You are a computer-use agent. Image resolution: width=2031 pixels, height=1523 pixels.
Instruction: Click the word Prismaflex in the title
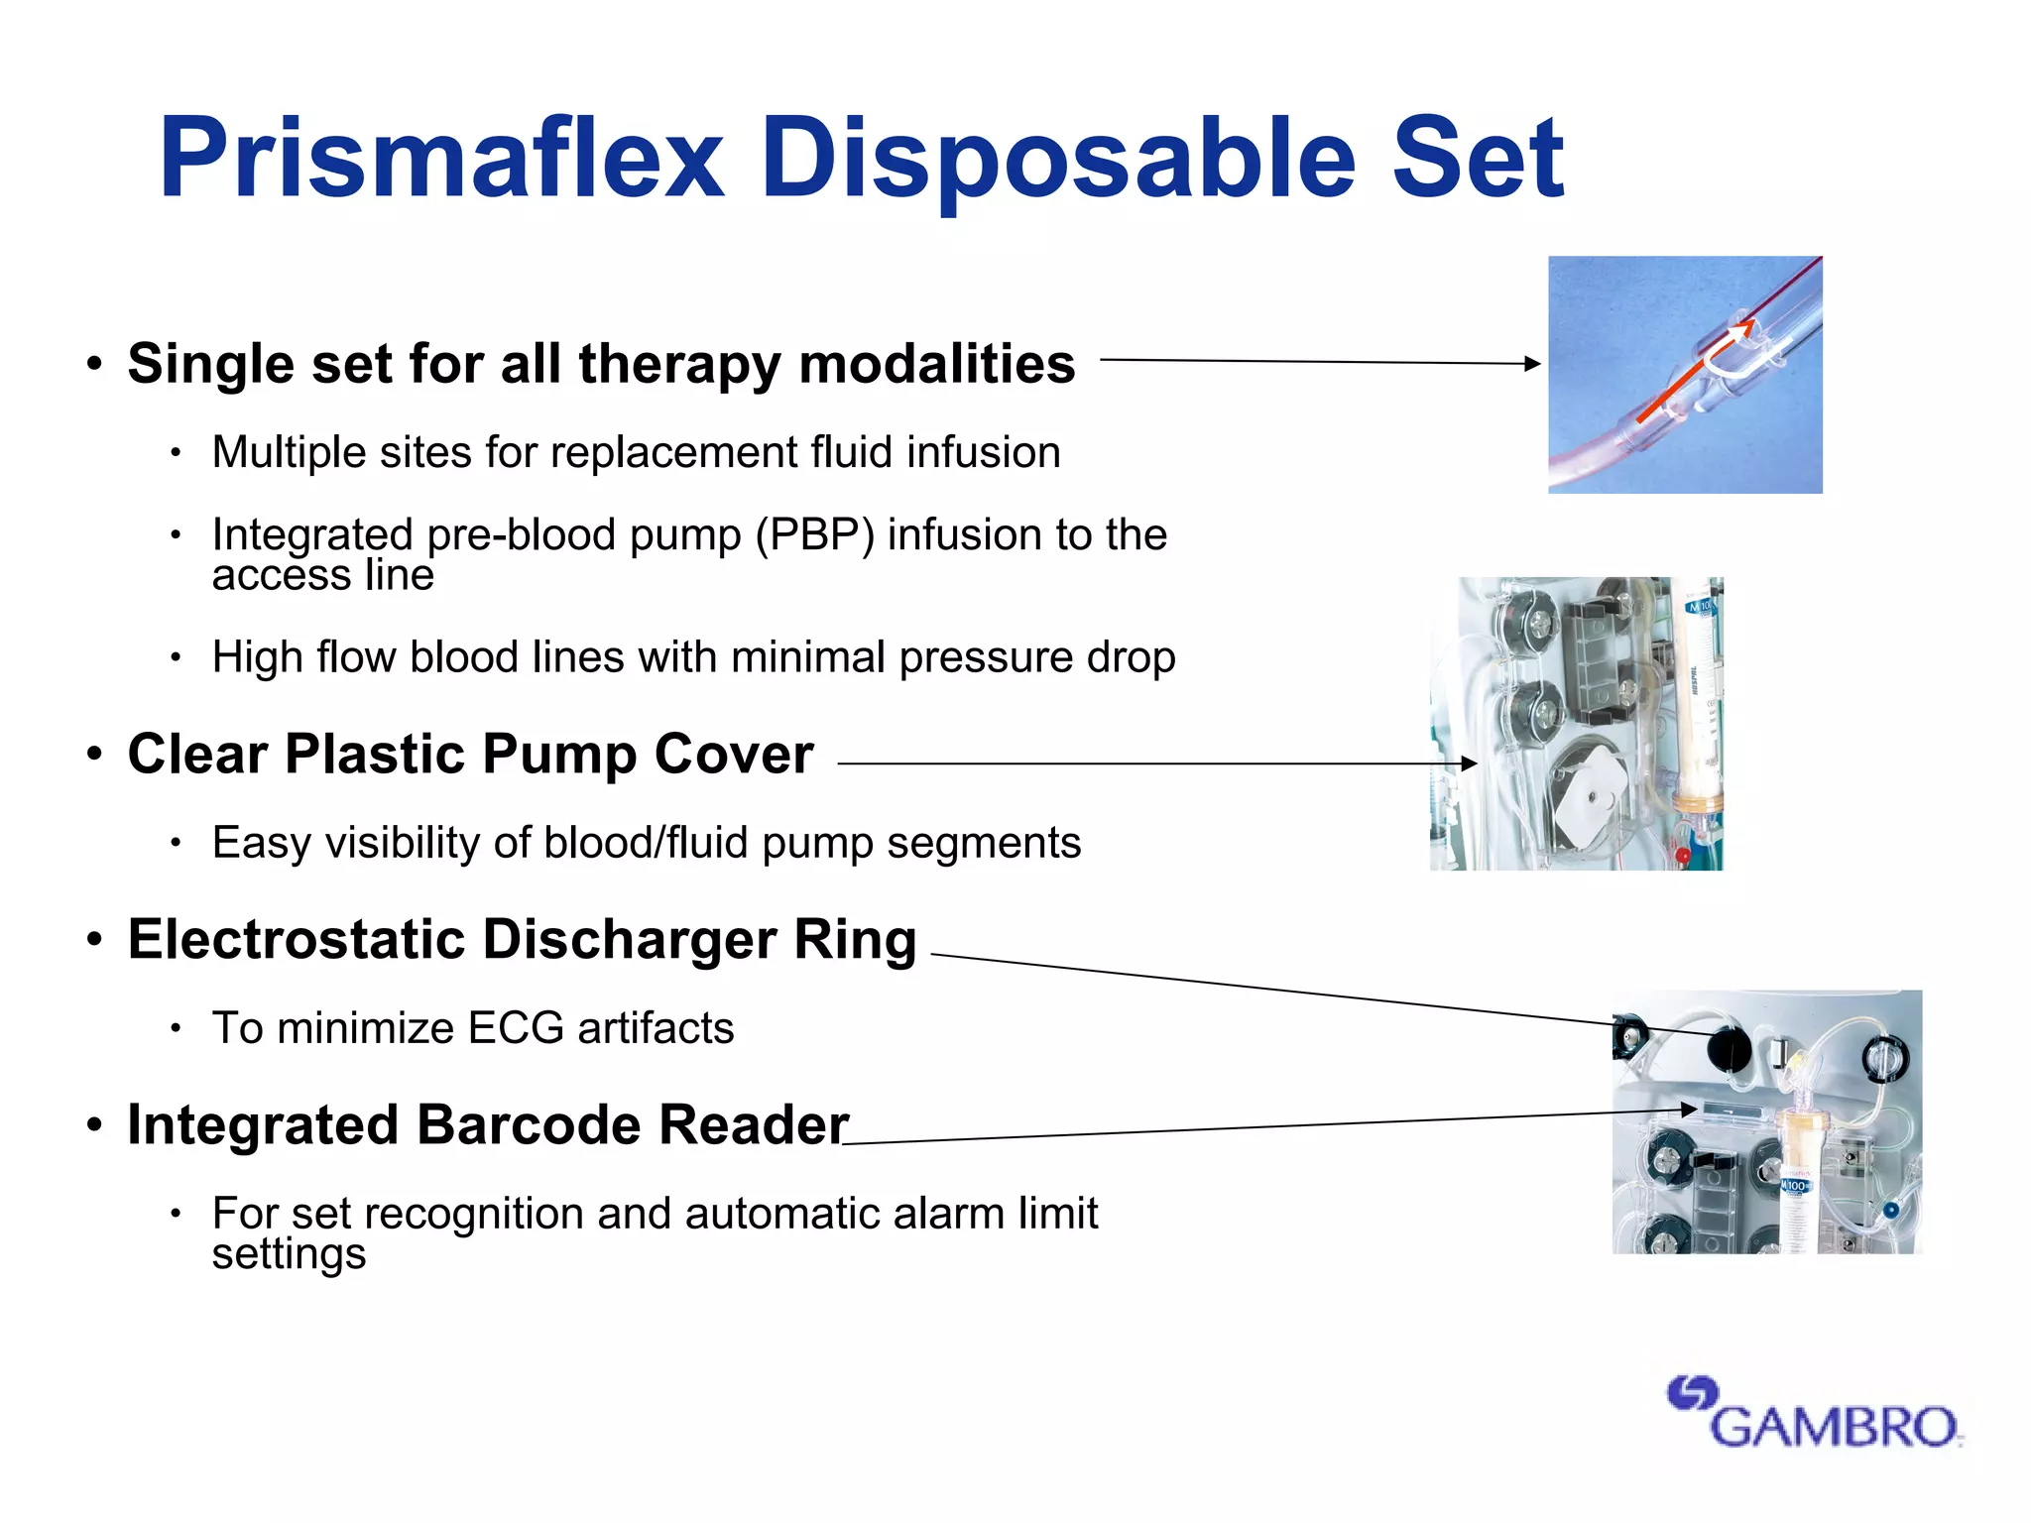coord(441,159)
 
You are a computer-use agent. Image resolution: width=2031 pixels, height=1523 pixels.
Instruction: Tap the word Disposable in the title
coord(1057,159)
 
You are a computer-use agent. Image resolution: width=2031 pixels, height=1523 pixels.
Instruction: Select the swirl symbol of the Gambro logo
coord(1691,1393)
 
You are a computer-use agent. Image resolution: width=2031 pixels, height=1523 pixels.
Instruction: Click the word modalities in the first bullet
coord(937,364)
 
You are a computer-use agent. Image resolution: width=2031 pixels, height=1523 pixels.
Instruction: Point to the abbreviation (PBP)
coord(814,535)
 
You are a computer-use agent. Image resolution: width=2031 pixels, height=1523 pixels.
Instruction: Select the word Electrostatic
coord(296,940)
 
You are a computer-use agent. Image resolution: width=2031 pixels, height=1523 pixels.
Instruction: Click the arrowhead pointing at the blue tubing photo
coord(1533,364)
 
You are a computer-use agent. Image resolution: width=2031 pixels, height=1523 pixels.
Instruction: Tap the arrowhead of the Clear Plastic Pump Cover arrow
coord(1470,763)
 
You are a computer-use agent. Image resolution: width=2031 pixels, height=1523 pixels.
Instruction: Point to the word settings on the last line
coord(289,1254)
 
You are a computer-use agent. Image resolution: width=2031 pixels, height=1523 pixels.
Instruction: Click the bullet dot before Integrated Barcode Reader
coord(94,1125)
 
